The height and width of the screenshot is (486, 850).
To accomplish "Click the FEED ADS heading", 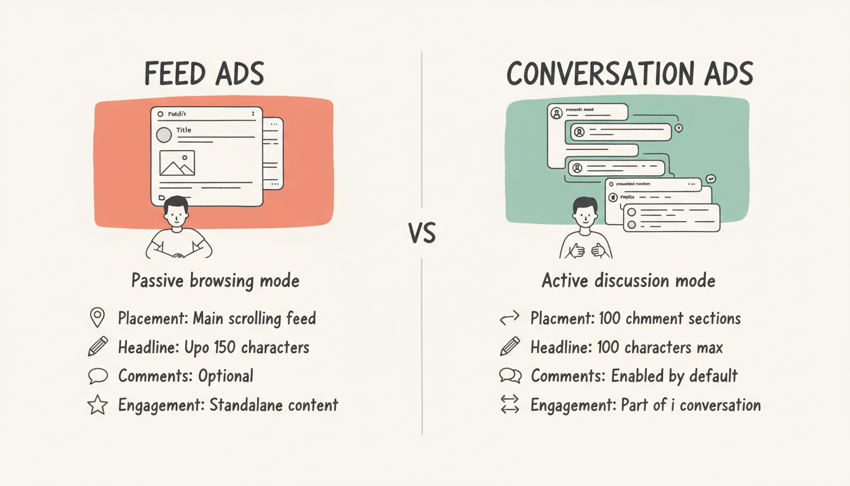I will click(x=204, y=74).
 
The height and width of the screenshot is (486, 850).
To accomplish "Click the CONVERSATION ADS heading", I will click(x=630, y=74).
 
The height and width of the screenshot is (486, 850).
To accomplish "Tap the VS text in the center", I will click(x=422, y=235).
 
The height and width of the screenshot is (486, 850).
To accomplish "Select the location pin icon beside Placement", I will click(x=97, y=318).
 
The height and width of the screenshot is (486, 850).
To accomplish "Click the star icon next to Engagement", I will click(x=97, y=405).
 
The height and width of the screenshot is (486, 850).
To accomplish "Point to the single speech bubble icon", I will click(x=97, y=376).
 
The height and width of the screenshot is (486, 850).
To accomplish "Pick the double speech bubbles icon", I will click(x=510, y=376).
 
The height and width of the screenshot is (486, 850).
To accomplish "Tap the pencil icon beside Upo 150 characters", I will click(x=97, y=347).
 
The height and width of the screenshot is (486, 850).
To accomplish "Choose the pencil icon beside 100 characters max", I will click(x=510, y=347).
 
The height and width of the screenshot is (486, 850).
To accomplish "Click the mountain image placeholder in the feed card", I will click(x=177, y=163).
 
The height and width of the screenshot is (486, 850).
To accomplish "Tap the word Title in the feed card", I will click(x=184, y=130).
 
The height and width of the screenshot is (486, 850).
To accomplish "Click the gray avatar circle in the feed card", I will click(x=164, y=135).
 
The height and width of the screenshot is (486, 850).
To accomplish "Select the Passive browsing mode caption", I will click(x=215, y=280).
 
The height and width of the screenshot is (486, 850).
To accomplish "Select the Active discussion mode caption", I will click(x=629, y=280).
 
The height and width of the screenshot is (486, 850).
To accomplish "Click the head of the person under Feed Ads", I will click(x=175, y=212).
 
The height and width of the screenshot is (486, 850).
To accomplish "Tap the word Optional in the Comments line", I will click(x=225, y=376).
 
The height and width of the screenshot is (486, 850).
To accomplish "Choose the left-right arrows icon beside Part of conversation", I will click(x=510, y=404).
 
